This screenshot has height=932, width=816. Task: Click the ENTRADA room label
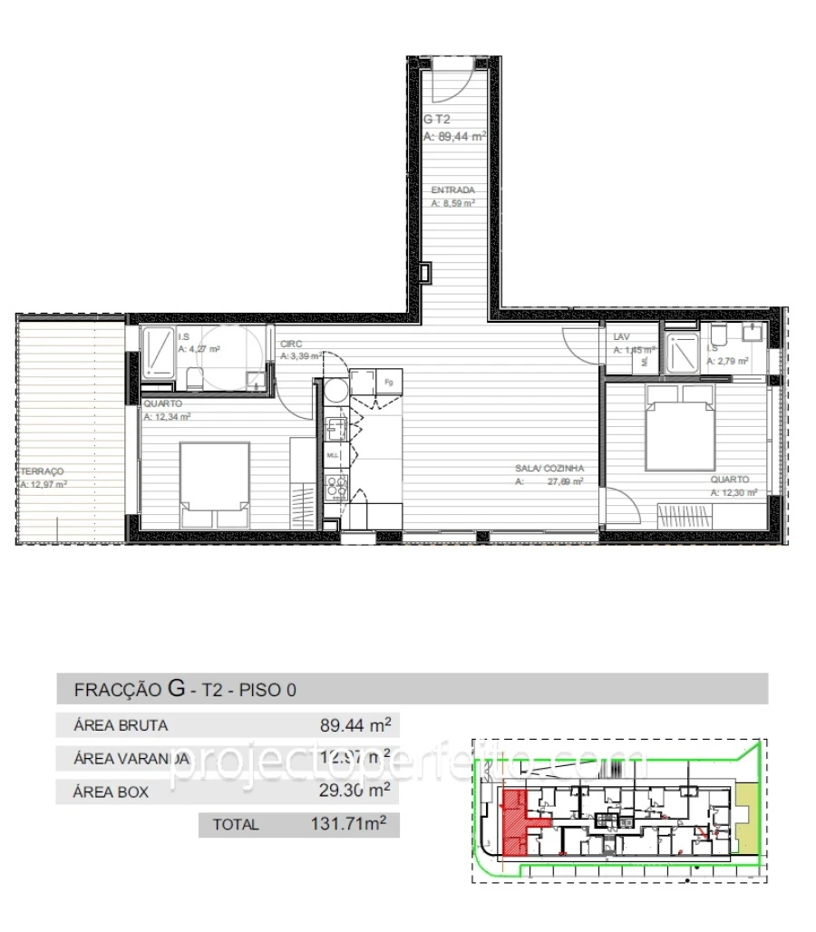452,190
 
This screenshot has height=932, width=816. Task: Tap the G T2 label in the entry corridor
437,119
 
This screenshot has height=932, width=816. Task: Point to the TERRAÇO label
41,471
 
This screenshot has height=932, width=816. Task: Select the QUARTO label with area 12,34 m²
162,403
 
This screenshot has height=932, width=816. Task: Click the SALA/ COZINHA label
549,469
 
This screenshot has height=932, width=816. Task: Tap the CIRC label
291,345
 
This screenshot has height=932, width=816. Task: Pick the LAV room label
621,337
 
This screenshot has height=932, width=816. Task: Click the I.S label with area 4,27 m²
183,336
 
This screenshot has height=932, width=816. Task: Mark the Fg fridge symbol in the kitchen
388,382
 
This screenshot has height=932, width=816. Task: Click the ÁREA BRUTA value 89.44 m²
355,725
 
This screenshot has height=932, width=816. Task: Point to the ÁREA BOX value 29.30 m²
355,791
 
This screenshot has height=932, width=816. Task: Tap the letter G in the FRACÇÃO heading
178,688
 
